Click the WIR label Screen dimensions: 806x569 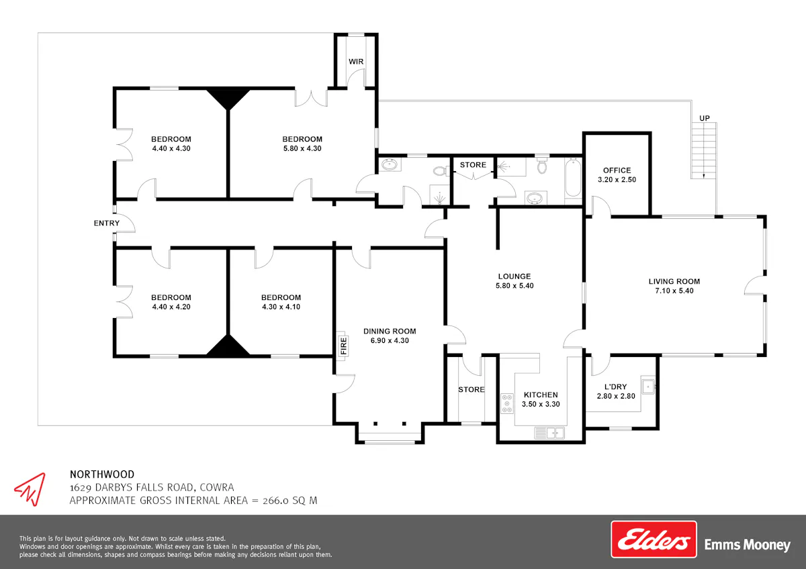point(356,62)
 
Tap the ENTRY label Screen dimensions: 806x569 point(107,223)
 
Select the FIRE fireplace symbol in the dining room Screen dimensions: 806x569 point(343,346)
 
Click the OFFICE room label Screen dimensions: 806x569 point(617,170)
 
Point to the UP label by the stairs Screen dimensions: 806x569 point(704,118)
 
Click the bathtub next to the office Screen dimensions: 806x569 point(573,178)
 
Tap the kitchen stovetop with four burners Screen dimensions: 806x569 point(507,404)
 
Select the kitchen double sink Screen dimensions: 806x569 point(549,433)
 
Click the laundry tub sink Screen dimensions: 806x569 point(648,386)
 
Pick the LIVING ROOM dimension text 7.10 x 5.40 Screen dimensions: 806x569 point(674,291)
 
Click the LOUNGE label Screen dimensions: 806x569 point(514,276)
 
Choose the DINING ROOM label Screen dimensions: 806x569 point(390,331)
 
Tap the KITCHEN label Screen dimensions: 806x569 point(541,395)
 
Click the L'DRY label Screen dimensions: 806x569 point(616,386)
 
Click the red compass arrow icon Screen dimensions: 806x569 point(31,489)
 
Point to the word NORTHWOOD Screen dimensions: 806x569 point(102,474)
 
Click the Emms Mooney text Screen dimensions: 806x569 point(748,545)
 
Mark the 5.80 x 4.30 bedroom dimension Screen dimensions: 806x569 point(302,148)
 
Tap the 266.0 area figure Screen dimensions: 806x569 point(275,501)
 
